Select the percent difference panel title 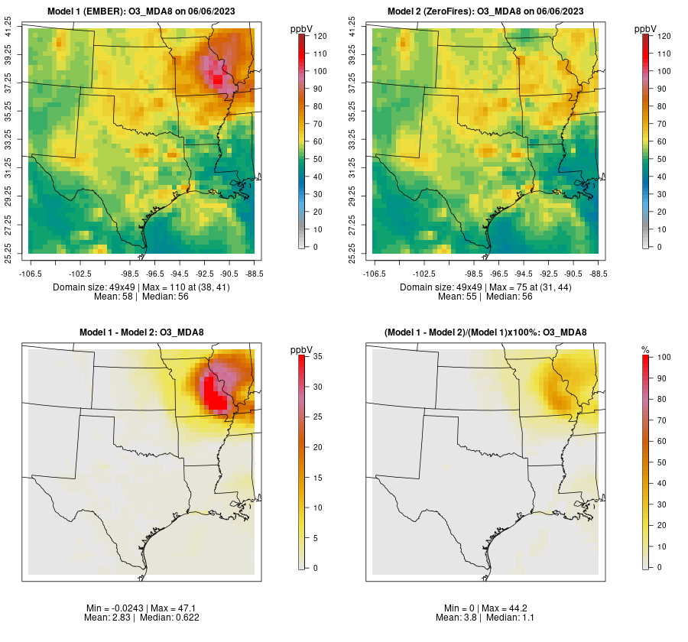click(485, 332)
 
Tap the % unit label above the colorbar click(645, 349)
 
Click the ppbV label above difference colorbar click(302, 349)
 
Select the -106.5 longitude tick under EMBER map click(29, 273)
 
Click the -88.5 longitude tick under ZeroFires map click(598, 273)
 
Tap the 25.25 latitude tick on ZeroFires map click(353, 254)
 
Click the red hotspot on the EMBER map click(219, 78)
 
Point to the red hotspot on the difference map click(217, 399)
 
